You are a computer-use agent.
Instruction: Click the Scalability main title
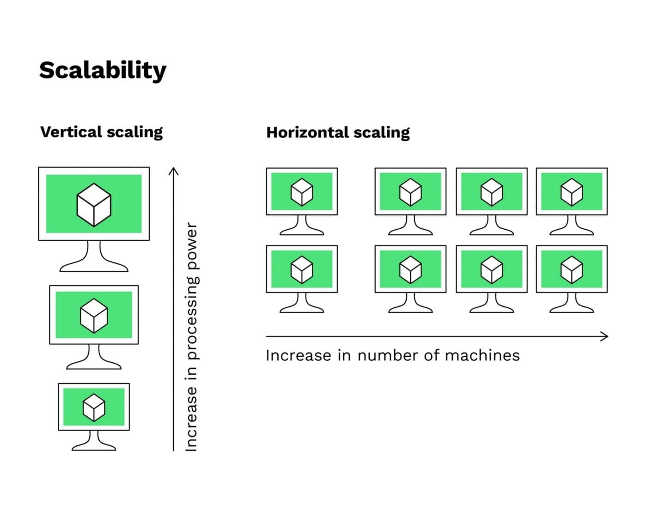(103, 70)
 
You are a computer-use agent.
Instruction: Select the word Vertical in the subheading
(71, 132)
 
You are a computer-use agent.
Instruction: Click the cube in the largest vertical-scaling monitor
(94, 205)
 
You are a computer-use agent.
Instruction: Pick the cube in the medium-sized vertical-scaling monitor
(94, 316)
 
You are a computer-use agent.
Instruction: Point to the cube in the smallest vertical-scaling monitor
(94, 408)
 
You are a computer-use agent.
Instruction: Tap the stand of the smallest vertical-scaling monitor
(94, 441)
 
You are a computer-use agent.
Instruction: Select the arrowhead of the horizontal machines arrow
(605, 336)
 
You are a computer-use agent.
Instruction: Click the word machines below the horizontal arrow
(482, 355)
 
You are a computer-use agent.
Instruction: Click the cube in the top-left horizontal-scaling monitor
(302, 192)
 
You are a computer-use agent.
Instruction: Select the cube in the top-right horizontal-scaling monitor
(572, 192)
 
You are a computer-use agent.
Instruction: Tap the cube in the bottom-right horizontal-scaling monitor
(572, 270)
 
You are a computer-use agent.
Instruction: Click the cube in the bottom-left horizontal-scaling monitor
(302, 270)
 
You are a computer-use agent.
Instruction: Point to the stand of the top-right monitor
(572, 226)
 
